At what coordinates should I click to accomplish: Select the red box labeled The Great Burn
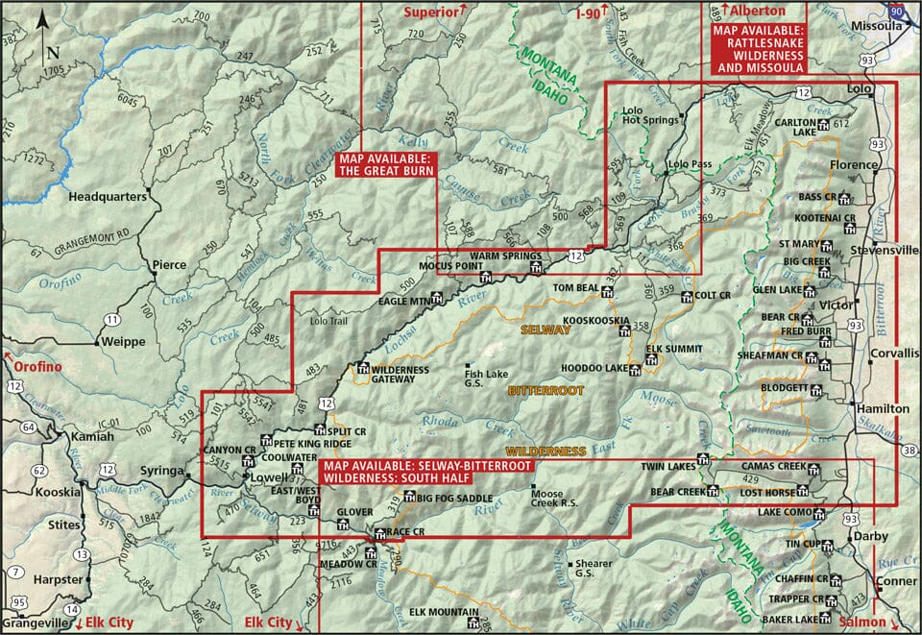[386, 164]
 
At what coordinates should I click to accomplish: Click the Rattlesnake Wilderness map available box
[758, 48]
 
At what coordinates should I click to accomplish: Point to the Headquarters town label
[107, 196]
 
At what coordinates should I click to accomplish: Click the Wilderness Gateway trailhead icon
[363, 367]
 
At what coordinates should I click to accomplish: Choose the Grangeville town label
[35, 623]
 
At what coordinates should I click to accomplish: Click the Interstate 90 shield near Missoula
[895, 8]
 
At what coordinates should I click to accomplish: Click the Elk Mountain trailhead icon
[473, 623]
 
